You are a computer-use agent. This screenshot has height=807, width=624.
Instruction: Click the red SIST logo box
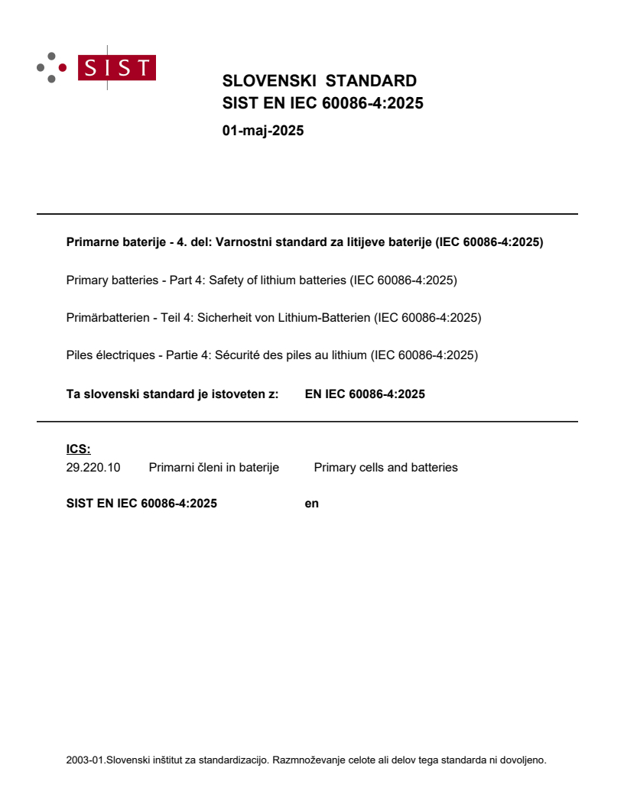click(119, 68)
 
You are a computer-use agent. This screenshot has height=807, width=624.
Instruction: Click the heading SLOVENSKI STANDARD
click(319, 81)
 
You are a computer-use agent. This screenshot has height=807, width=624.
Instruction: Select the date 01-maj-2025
click(263, 131)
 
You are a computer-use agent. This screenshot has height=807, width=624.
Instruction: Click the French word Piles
click(80, 355)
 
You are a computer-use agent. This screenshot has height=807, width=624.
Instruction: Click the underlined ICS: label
click(78, 449)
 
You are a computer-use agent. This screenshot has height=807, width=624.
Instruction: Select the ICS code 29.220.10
click(93, 468)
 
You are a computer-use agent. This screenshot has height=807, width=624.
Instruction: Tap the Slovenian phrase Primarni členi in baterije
click(213, 468)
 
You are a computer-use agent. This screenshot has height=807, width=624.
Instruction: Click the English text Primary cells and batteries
click(385, 468)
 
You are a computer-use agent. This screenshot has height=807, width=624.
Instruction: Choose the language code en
click(311, 504)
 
